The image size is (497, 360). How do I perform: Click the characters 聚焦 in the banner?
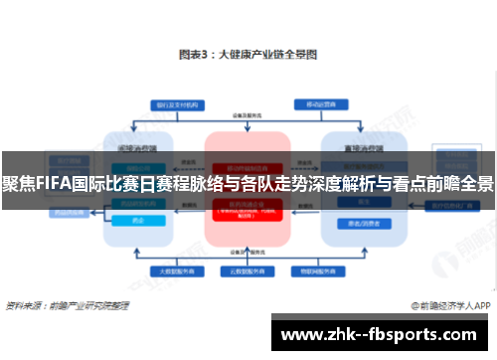[x=16, y=184]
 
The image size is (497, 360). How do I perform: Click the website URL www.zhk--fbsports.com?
[x=382, y=334]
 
